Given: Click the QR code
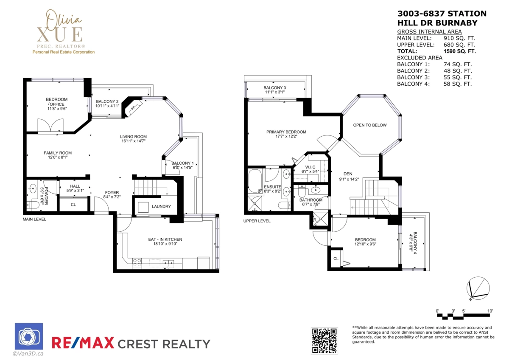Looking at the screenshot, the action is point(324,340).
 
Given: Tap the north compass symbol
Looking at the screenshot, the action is point(478,288).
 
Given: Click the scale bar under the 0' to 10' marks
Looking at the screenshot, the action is point(463,316).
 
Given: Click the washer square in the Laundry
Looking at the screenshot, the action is point(143,207).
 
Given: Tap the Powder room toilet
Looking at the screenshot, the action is point(33,205).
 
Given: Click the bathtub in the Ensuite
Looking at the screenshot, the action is point(255,181).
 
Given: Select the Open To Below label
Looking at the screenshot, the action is point(370,125).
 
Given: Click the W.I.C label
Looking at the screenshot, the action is point(310,167).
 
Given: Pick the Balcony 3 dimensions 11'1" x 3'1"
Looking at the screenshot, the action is point(275,92).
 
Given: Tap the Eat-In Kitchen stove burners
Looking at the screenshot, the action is point(137,262).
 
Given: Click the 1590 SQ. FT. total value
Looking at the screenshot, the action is point(459,51).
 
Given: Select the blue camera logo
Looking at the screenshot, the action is point(29,336).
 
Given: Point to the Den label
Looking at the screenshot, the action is point(348,174).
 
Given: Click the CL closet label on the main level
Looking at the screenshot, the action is point(73,205).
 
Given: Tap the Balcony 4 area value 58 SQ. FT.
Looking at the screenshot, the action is point(458,84).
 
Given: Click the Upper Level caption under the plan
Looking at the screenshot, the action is point(257,221).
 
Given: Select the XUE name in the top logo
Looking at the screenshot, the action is point(60,34).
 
